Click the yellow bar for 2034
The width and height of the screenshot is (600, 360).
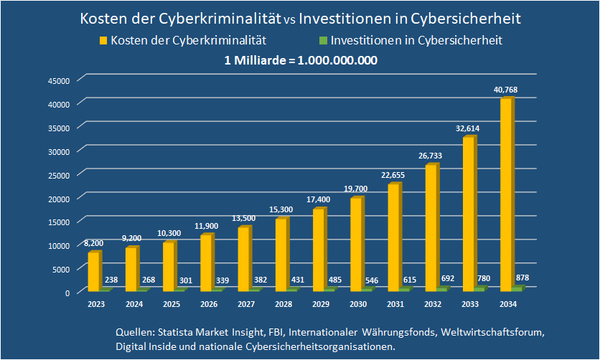click(506, 194)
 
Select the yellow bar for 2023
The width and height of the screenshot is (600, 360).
click(94, 272)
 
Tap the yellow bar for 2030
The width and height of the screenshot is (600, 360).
click(356, 244)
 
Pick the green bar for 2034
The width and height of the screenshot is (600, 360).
click(517, 288)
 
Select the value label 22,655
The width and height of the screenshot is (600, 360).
click(393, 174)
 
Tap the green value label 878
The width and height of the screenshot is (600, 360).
click(522, 278)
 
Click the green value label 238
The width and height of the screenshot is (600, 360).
click(111, 280)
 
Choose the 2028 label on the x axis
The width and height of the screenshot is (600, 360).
click(283, 305)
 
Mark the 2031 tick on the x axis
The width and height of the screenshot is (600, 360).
click(395, 305)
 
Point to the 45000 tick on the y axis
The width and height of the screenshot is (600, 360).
click(59, 80)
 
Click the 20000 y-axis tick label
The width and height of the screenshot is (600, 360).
click(59, 198)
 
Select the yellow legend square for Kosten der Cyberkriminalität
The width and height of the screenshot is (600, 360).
click(103, 41)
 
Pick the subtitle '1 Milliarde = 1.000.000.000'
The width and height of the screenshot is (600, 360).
click(301, 60)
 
